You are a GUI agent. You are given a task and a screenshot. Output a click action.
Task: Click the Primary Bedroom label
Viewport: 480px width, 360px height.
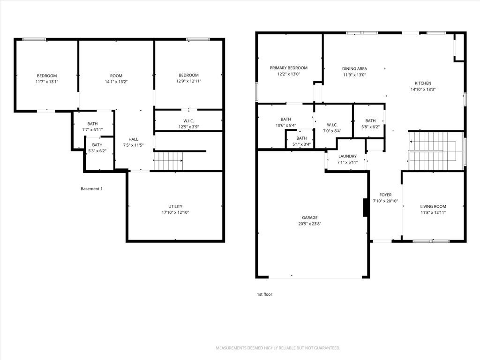[x=288, y=68]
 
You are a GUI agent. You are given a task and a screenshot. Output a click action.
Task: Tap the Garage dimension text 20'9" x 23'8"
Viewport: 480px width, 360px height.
[x=310, y=224]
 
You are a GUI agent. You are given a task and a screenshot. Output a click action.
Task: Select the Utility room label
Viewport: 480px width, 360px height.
[x=175, y=206]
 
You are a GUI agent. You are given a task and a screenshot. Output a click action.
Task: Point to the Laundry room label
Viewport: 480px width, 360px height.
[x=347, y=156]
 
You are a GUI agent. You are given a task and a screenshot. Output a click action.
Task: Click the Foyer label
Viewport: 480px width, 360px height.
[x=385, y=195]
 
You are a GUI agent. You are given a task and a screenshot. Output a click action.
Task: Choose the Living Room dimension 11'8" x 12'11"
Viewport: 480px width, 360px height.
[x=433, y=212]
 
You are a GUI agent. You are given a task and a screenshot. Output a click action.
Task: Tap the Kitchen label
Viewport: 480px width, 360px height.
[x=423, y=83]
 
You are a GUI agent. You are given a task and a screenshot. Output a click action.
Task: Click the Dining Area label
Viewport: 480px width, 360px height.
[x=354, y=69]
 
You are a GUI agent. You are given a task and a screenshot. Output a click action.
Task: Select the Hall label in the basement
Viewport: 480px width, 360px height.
[x=133, y=139]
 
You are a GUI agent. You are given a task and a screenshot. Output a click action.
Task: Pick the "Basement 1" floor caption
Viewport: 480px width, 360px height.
[x=91, y=189]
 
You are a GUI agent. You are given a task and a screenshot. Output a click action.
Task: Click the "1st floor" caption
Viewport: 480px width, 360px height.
[x=264, y=294]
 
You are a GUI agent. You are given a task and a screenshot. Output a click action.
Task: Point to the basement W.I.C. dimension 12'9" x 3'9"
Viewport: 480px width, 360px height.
[x=188, y=127]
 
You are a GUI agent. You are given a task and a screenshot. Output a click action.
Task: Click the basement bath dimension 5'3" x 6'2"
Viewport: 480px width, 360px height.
[x=97, y=151]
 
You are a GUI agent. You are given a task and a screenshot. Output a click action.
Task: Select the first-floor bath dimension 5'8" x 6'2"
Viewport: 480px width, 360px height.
[x=370, y=127]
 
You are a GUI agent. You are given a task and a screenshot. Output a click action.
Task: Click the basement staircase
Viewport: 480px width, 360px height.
[x=168, y=161]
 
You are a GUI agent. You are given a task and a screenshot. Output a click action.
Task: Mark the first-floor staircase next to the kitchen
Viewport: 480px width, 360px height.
[x=436, y=151]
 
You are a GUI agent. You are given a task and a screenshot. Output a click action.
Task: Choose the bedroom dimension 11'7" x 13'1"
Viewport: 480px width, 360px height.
[x=47, y=82]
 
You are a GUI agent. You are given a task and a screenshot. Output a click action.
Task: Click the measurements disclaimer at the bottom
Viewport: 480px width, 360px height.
[x=278, y=348]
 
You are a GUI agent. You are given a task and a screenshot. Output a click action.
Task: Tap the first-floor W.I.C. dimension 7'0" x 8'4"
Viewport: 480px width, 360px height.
[x=332, y=131]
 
